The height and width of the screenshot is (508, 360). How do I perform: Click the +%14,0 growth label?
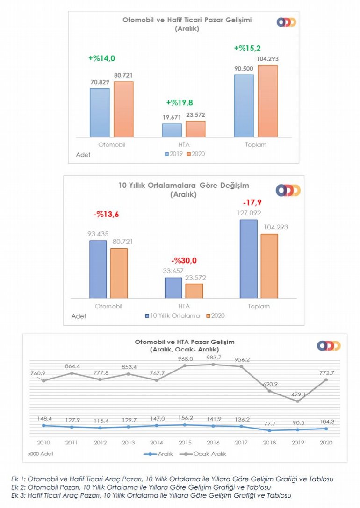(101, 58)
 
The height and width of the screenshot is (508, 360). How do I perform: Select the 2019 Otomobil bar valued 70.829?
(100, 112)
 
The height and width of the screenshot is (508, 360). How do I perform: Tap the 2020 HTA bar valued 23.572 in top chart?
(195, 129)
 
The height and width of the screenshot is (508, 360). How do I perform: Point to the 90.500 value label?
(243, 69)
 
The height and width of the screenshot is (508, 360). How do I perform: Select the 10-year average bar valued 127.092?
(248, 258)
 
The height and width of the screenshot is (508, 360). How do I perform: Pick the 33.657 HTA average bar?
(173, 288)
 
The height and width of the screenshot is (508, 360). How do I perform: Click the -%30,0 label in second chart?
(184, 261)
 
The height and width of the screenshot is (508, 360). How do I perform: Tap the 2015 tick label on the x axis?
(185, 442)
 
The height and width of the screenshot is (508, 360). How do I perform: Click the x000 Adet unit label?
(42, 453)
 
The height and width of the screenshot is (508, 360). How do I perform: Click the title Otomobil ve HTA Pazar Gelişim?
(184, 343)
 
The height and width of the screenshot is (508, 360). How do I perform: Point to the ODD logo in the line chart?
(329, 346)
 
